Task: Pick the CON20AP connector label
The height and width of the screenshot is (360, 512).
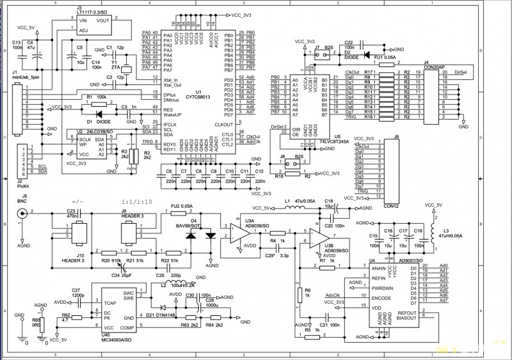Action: (x=434, y=67)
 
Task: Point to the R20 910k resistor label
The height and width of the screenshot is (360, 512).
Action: (x=111, y=261)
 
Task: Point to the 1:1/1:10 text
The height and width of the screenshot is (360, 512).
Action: (x=136, y=201)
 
